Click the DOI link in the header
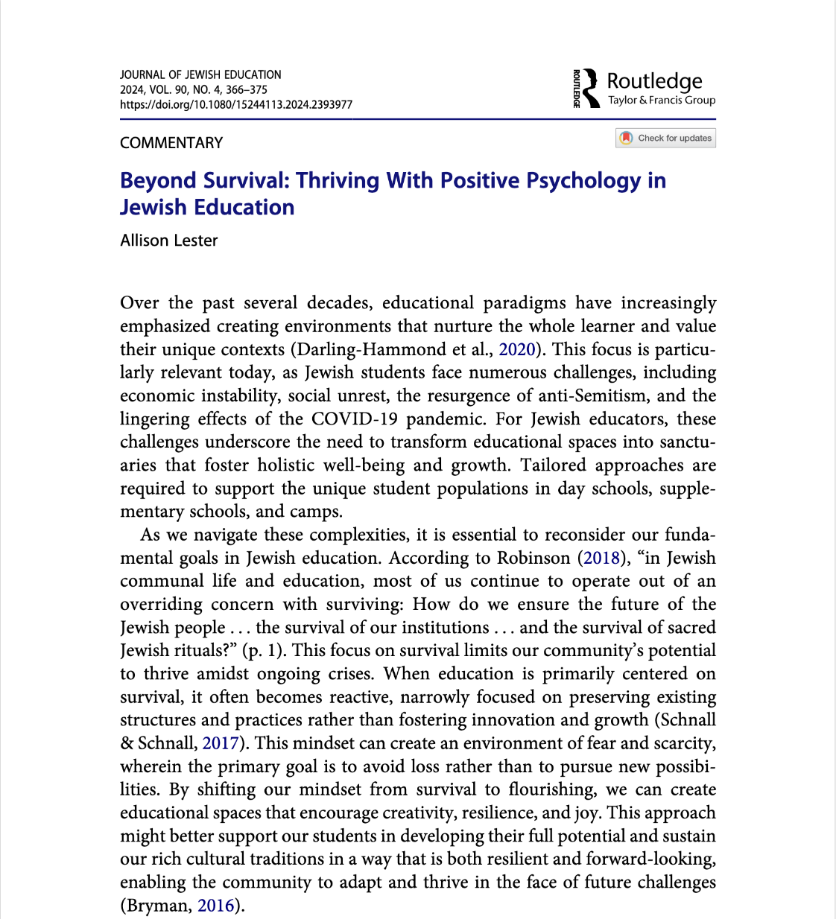pyautogui.click(x=236, y=104)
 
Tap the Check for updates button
pyautogui.click(x=665, y=139)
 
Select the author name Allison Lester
pyautogui.click(x=169, y=241)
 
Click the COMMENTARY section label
pyautogui.click(x=171, y=143)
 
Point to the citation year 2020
pyautogui.click(x=516, y=349)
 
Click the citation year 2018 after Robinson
pyautogui.click(x=601, y=558)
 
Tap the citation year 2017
pyautogui.click(x=221, y=743)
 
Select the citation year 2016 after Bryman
pyautogui.click(x=216, y=906)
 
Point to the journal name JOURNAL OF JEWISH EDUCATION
pyautogui.click(x=200, y=74)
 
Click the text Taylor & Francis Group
pyautogui.click(x=661, y=101)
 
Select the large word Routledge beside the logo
pyautogui.click(x=654, y=80)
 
